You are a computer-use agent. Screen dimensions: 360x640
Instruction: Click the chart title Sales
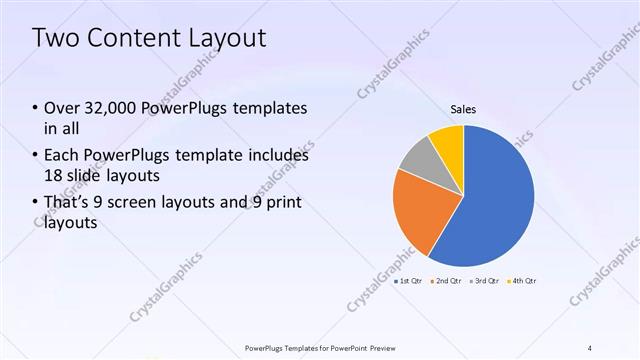462,109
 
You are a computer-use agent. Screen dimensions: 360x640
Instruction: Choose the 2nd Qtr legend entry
445,281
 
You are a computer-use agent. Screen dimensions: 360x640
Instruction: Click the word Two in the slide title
56,39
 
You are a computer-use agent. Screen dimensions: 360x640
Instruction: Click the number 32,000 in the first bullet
109,108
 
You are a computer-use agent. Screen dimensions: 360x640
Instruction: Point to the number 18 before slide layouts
55,175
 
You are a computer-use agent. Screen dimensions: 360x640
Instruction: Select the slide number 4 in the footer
590,347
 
